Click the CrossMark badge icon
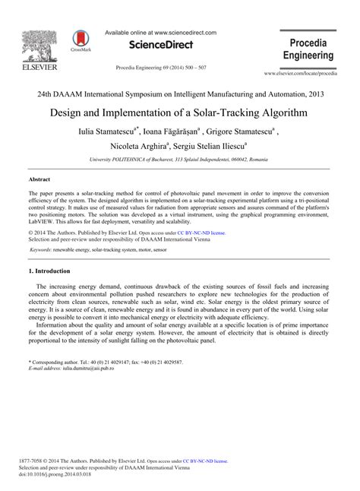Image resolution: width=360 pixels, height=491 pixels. tap(79, 40)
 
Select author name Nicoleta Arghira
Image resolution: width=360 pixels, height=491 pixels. tap(153, 147)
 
